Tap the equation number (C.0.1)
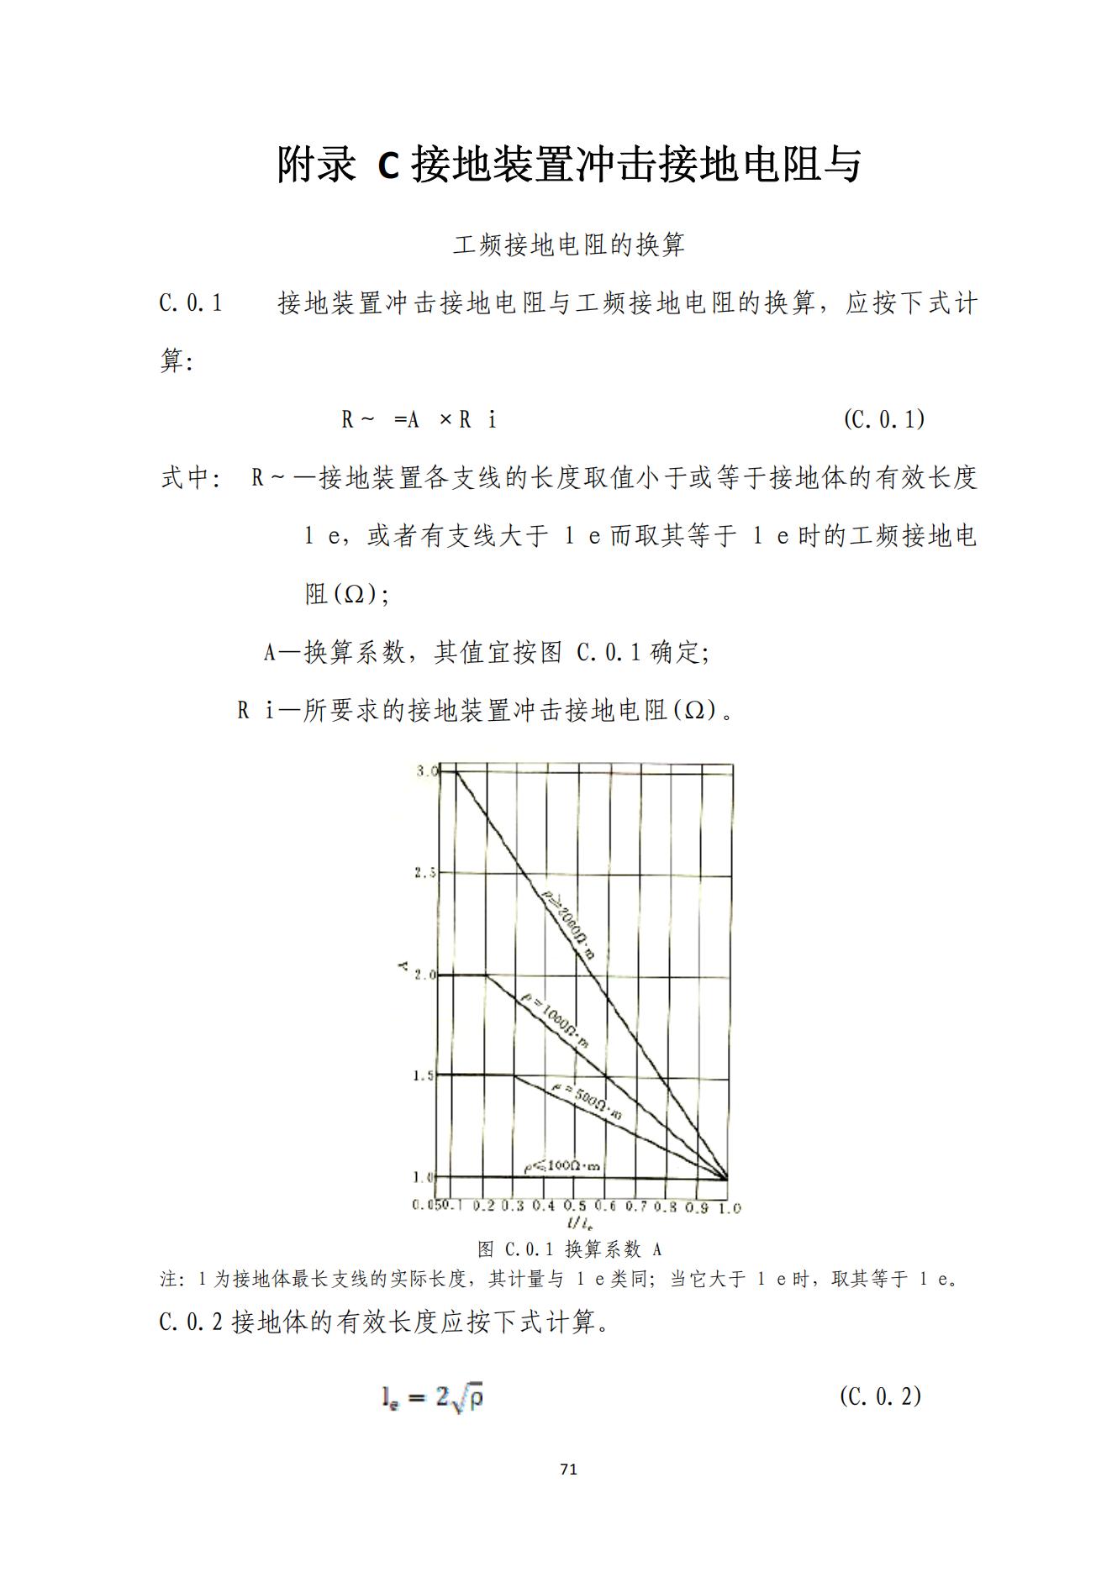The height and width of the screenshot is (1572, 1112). tap(883, 418)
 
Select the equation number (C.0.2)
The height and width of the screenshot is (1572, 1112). tap(880, 1396)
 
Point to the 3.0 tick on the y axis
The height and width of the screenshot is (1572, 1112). tap(425, 771)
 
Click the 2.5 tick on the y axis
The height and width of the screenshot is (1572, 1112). tap(424, 872)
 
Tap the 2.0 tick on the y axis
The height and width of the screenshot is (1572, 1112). tap(424, 975)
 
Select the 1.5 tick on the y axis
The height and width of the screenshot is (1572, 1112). tap(424, 1075)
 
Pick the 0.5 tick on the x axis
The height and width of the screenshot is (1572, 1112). tap(575, 1206)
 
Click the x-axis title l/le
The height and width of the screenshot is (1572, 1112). tap(579, 1223)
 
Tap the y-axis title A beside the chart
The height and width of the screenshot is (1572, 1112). tap(402, 968)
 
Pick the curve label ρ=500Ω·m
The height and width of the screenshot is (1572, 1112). tap(588, 1102)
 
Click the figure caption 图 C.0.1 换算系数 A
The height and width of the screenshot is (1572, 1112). tap(569, 1249)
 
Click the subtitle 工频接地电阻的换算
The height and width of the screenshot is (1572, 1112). tap(569, 245)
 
